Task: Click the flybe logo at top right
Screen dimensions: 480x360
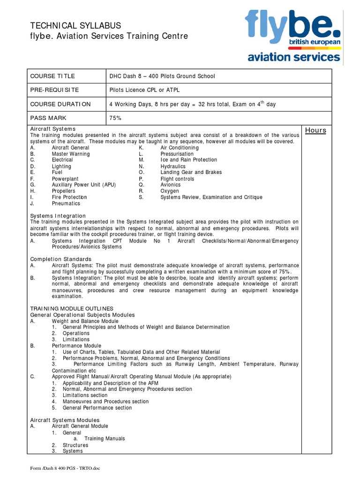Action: (x=293, y=37)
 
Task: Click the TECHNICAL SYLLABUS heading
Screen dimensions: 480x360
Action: (x=75, y=25)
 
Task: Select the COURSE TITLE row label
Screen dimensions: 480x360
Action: (x=52, y=76)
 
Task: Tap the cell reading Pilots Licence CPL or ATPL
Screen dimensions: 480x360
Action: (x=144, y=90)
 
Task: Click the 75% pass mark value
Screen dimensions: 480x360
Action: (x=115, y=118)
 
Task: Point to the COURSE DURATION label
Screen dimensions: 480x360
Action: (x=60, y=104)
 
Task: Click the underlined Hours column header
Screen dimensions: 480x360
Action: (x=315, y=130)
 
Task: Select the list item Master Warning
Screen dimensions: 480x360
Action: (x=71, y=154)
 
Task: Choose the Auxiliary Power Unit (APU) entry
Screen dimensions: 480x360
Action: (x=83, y=185)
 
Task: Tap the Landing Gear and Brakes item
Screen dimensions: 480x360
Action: (x=191, y=172)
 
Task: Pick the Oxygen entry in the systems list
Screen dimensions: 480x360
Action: (x=170, y=191)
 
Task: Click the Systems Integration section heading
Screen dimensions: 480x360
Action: (x=58, y=216)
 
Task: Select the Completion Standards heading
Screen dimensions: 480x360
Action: (x=61, y=259)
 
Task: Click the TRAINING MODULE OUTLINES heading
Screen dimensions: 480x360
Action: (x=72, y=308)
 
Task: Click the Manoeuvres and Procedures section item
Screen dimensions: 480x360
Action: (x=105, y=401)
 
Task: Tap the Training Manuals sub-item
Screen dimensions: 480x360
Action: (x=105, y=439)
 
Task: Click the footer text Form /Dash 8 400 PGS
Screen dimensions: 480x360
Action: (x=65, y=468)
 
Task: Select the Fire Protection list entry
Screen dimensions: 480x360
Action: (x=69, y=197)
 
